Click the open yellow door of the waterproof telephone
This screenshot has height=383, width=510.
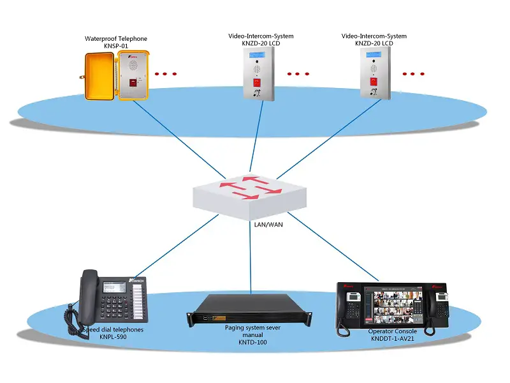point(99,76)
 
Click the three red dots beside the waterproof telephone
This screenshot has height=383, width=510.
point(166,74)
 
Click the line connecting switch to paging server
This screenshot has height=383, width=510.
point(251,255)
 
